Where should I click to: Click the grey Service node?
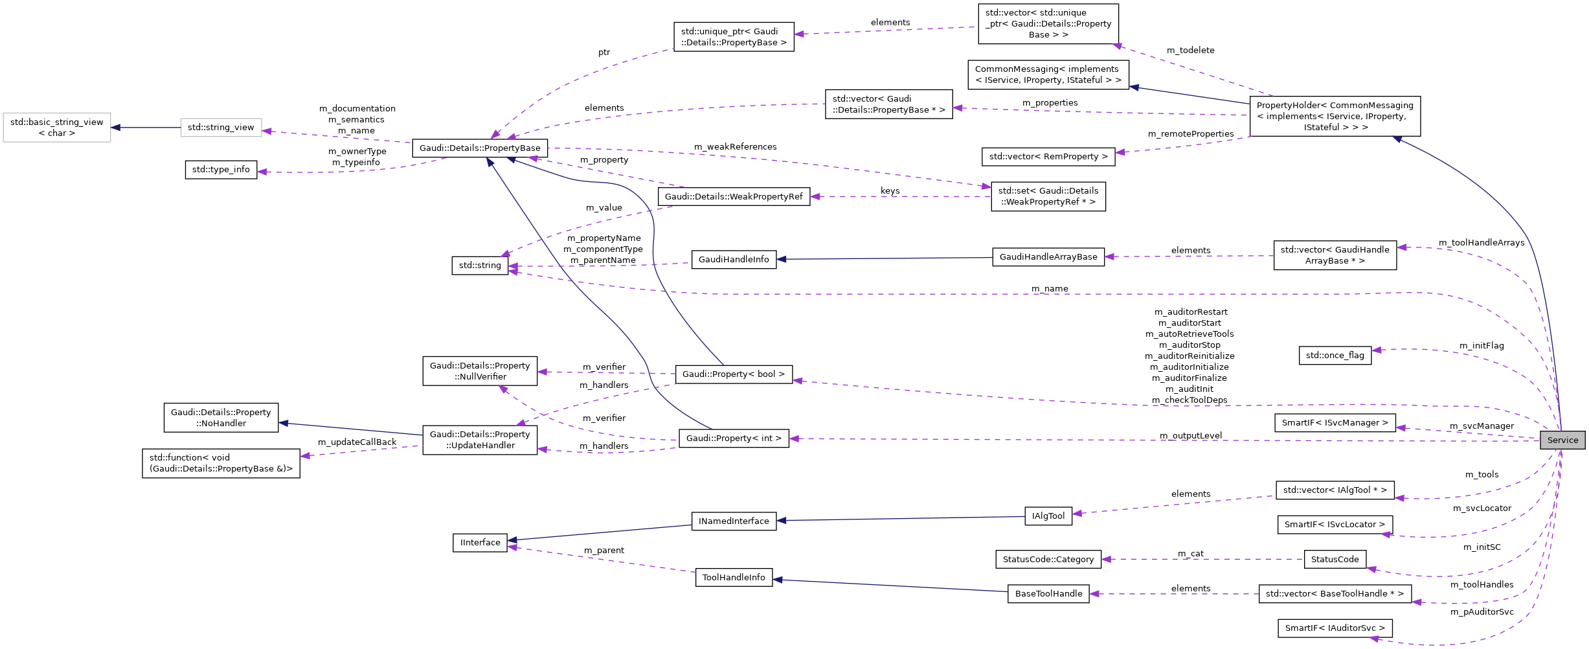1562,440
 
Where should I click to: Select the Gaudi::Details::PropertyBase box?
479,148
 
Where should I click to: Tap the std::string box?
480,265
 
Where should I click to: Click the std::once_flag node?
1335,355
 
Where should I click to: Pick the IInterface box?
480,542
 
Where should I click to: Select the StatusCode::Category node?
1048,559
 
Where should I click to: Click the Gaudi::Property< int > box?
733,438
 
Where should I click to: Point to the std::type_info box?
221,169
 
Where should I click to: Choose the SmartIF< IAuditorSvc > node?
1335,628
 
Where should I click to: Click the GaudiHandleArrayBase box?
1048,256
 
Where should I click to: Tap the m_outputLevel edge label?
1190,435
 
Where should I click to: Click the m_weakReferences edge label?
735,146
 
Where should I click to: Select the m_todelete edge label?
1190,50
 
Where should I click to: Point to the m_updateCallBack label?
357,442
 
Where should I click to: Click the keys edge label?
890,190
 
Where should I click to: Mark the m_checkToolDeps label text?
1189,400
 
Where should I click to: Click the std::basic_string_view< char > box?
57,127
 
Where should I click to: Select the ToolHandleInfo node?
733,577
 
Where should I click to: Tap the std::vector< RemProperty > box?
1048,156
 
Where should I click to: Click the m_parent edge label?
603,550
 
